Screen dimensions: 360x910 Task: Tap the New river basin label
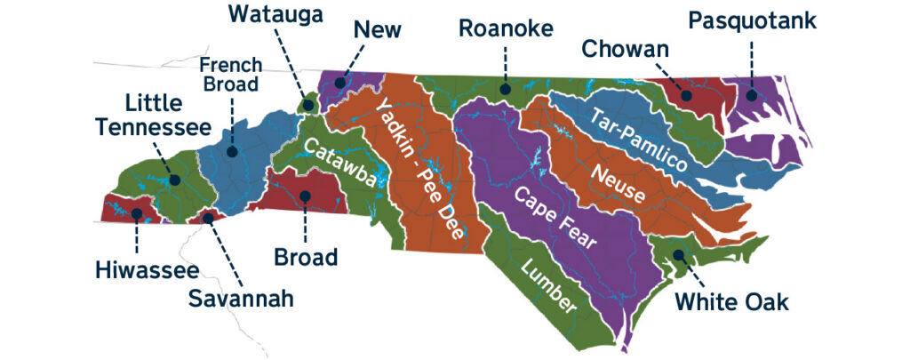click(377, 29)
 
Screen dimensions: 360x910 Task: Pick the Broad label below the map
click(306, 258)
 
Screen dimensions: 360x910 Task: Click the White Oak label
click(730, 301)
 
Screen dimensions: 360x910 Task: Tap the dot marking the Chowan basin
click(686, 94)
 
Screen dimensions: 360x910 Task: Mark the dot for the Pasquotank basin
click(751, 95)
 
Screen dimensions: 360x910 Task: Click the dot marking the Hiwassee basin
click(137, 213)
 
